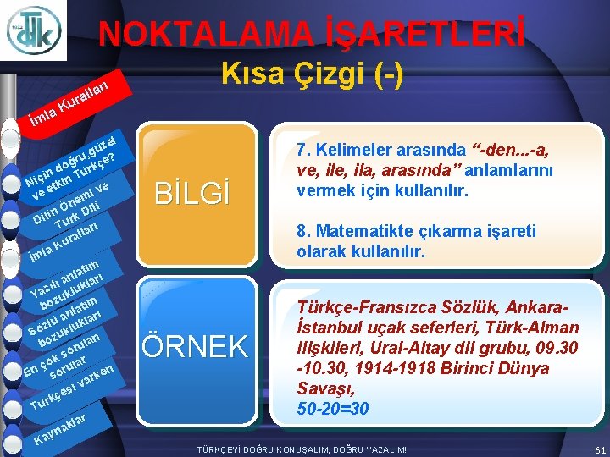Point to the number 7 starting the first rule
(302, 151)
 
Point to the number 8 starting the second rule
(302, 231)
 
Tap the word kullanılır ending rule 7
(434, 190)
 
